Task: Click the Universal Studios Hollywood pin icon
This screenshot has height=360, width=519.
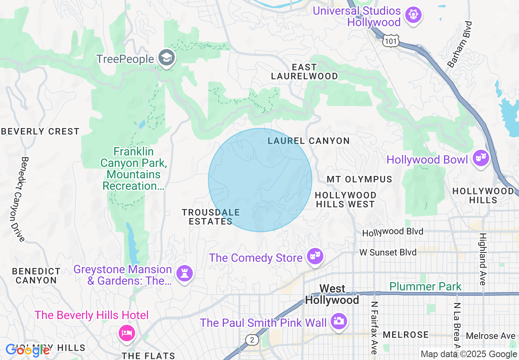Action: [413, 16]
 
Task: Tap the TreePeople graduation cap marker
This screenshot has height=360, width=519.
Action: [167, 58]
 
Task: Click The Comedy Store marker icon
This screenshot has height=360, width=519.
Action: [315, 256]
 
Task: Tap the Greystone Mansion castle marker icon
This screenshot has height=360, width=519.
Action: [184, 273]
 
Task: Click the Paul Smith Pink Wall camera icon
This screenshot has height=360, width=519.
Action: [338, 321]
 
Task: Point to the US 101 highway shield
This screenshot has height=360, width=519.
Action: [391, 41]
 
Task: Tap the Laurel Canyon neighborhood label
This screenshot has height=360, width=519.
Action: [309, 141]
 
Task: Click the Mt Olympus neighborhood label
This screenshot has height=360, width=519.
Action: [359, 180]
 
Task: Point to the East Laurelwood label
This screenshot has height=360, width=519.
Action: [304, 72]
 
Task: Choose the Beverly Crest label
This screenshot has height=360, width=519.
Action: [40, 132]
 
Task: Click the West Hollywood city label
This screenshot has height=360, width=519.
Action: [332, 295]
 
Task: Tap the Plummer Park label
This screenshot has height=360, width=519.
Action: [425, 286]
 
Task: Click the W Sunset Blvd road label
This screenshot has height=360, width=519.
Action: [388, 252]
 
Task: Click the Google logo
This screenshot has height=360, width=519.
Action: [27, 350]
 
